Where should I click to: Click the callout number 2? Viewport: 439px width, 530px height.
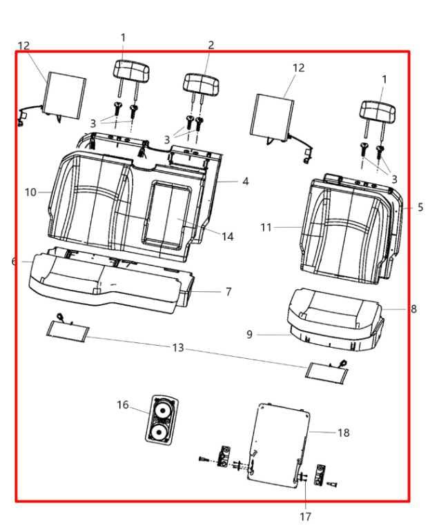211,45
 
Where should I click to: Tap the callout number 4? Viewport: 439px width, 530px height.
245,181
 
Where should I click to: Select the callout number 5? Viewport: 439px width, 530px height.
420,207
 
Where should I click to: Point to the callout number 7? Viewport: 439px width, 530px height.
228,292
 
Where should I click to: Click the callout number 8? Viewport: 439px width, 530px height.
413,309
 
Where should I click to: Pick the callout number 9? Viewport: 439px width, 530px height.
250,335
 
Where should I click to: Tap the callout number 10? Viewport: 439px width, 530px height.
30,193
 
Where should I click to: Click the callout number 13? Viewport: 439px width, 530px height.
178,348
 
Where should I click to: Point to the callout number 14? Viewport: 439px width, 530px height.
227,237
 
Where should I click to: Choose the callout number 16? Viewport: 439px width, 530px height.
122,405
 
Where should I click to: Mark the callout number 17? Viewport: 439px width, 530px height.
306,516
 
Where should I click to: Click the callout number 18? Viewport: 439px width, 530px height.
343,433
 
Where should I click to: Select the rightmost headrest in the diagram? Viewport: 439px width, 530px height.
377,110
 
